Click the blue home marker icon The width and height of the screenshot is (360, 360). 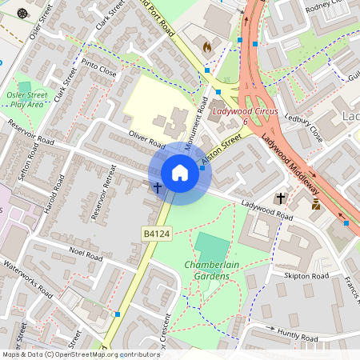tap(180, 173)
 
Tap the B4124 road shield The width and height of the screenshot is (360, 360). tap(156, 233)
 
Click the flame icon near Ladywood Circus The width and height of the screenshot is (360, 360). tap(208, 48)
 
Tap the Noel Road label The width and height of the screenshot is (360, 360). tap(87, 254)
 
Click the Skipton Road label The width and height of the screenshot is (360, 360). tap(306, 276)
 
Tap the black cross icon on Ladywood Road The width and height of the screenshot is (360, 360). tap(281, 197)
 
